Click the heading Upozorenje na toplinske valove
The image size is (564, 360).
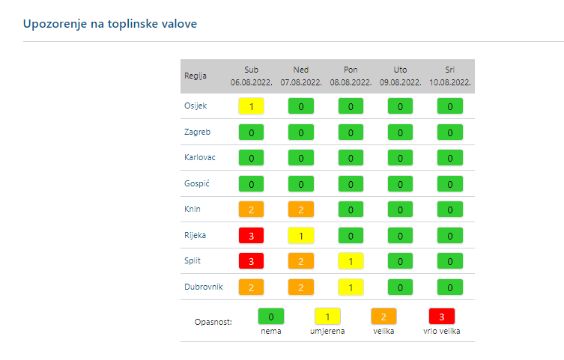(110, 24)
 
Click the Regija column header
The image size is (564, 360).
(195, 76)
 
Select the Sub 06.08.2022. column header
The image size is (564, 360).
(251, 76)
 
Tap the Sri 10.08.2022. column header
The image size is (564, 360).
(450, 76)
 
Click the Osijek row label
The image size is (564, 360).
(195, 106)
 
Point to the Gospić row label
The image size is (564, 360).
(196, 183)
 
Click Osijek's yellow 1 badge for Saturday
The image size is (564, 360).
(251, 106)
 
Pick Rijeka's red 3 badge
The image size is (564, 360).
(251, 235)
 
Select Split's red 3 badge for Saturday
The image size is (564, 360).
(251, 260)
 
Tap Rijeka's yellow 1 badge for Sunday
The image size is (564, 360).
(301, 235)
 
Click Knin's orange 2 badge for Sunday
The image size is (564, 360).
(301, 210)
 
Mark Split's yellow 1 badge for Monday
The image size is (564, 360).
(351, 260)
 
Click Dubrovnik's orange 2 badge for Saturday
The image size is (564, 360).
(251, 287)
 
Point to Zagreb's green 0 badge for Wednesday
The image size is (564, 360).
(450, 132)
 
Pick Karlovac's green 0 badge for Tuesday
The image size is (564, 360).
(400, 158)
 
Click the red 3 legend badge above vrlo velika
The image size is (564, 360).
(442, 316)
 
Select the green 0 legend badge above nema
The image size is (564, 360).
(270, 316)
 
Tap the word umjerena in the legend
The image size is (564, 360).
(327, 330)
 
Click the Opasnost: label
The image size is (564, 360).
(213, 322)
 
